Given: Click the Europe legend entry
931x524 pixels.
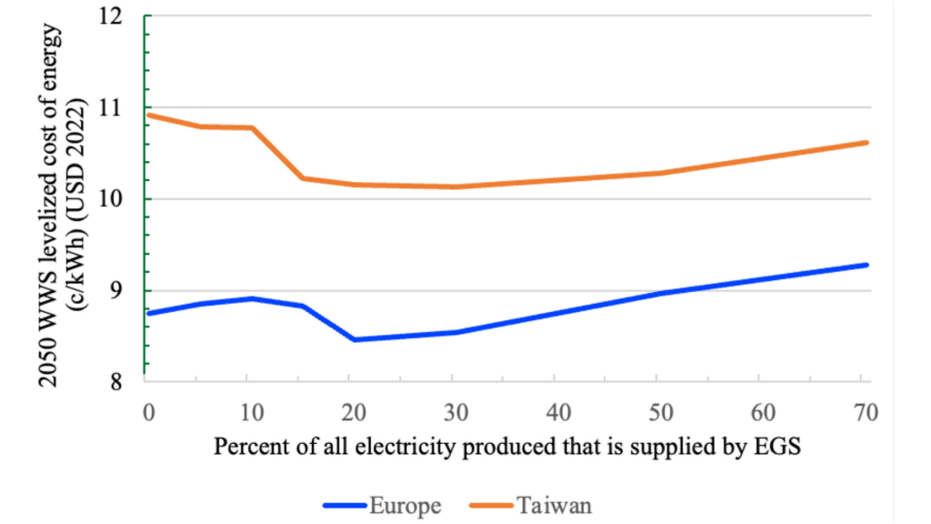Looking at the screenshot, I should click(x=382, y=505).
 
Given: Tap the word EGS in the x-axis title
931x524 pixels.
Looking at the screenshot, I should click(x=779, y=448).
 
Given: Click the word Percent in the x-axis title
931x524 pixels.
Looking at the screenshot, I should click(x=245, y=448).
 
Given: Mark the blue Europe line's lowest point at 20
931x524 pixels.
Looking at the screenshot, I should click(x=354, y=339).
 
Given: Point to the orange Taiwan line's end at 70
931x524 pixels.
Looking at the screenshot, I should click(x=867, y=142).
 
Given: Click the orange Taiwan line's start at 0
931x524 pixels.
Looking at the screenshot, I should click(x=148, y=116).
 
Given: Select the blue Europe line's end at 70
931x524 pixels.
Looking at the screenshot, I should click(x=867, y=265).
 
